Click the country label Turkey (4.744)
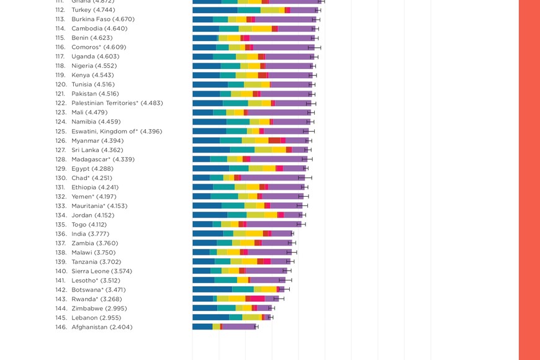(x=94, y=10)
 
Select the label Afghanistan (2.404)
(x=102, y=327)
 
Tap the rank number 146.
(x=61, y=327)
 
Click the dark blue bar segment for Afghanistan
(x=202, y=326)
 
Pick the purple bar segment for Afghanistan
(x=238, y=326)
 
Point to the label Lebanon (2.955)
(x=96, y=318)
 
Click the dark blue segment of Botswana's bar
(x=212, y=289)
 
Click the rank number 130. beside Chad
(x=61, y=178)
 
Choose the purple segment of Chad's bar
(x=272, y=178)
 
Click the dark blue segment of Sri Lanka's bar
(x=211, y=150)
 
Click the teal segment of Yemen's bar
(x=224, y=196)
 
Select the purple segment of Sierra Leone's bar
(x=266, y=271)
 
